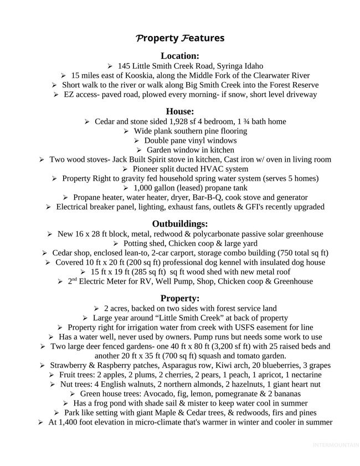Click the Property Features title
[179, 38]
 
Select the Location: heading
[179, 55]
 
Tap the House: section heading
[179, 111]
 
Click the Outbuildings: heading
[179, 224]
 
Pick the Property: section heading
[179, 298]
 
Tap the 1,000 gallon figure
[152, 188]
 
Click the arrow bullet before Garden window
[138, 150]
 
